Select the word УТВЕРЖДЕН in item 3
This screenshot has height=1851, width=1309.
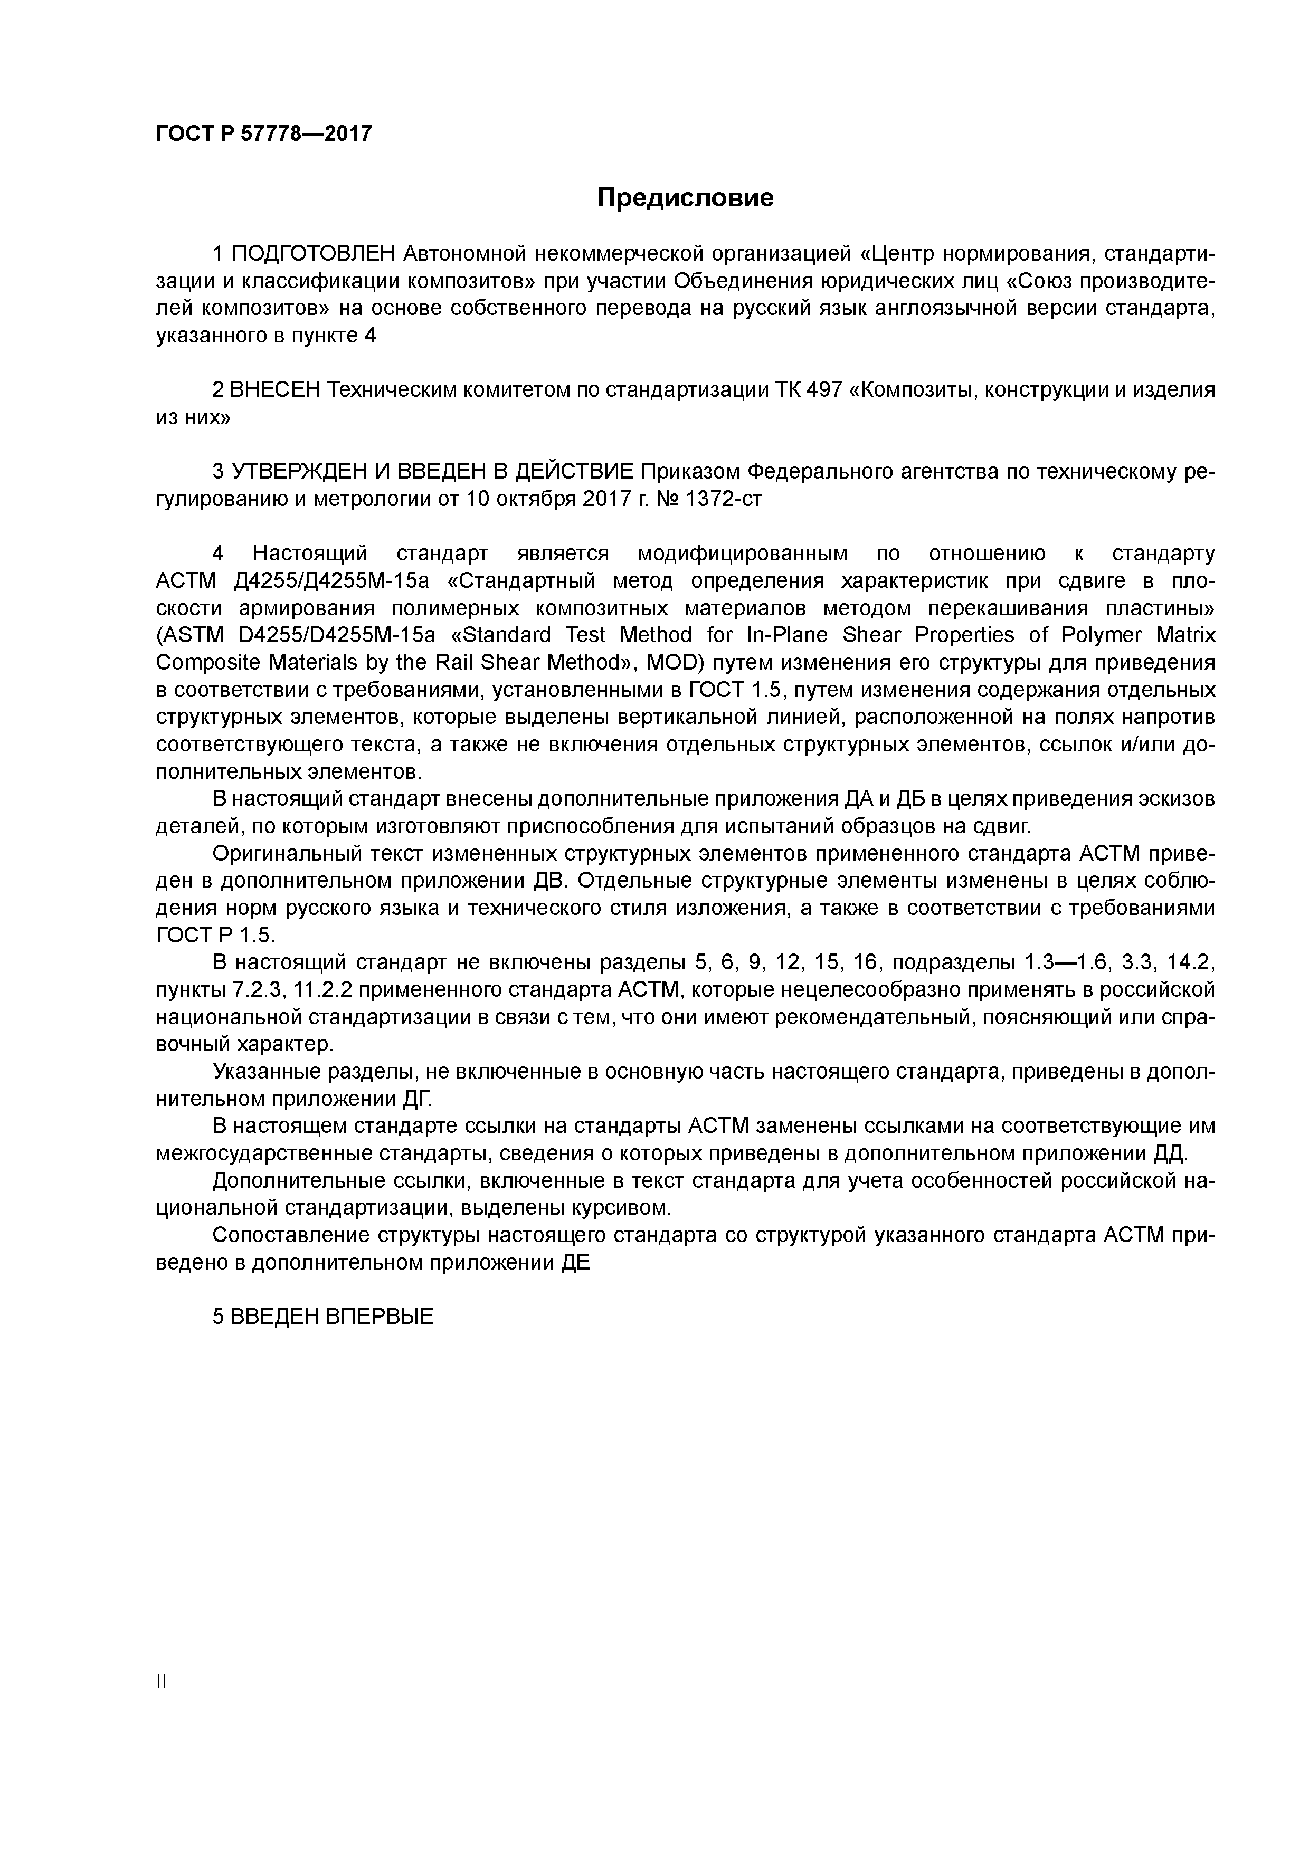[290, 472]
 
